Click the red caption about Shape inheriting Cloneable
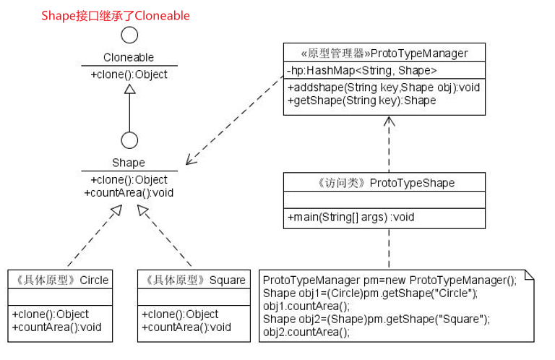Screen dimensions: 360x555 [x=116, y=15]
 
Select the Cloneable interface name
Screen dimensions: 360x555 [x=129, y=57]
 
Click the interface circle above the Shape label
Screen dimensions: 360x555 [x=129, y=140]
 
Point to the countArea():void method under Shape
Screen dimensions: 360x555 [x=129, y=192]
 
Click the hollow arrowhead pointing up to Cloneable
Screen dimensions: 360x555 [x=129, y=88]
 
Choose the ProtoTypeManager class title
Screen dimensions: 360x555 [x=384, y=53]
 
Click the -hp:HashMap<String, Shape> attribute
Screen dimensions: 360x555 [x=361, y=70]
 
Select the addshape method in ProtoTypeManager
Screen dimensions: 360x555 [x=384, y=87]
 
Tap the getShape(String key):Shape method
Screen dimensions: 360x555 [x=361, y=100]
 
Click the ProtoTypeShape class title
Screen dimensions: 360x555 [x=384, y=183]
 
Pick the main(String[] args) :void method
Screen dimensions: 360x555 [x=350, y=216]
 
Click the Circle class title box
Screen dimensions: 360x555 [x=59, y=280]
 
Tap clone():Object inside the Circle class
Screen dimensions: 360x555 [x=50, y=314]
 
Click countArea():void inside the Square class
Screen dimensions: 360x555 [x=186, y=327]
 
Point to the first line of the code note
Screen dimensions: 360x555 [x=390, y=280]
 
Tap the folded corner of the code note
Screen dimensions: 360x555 [x=530, y=275]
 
